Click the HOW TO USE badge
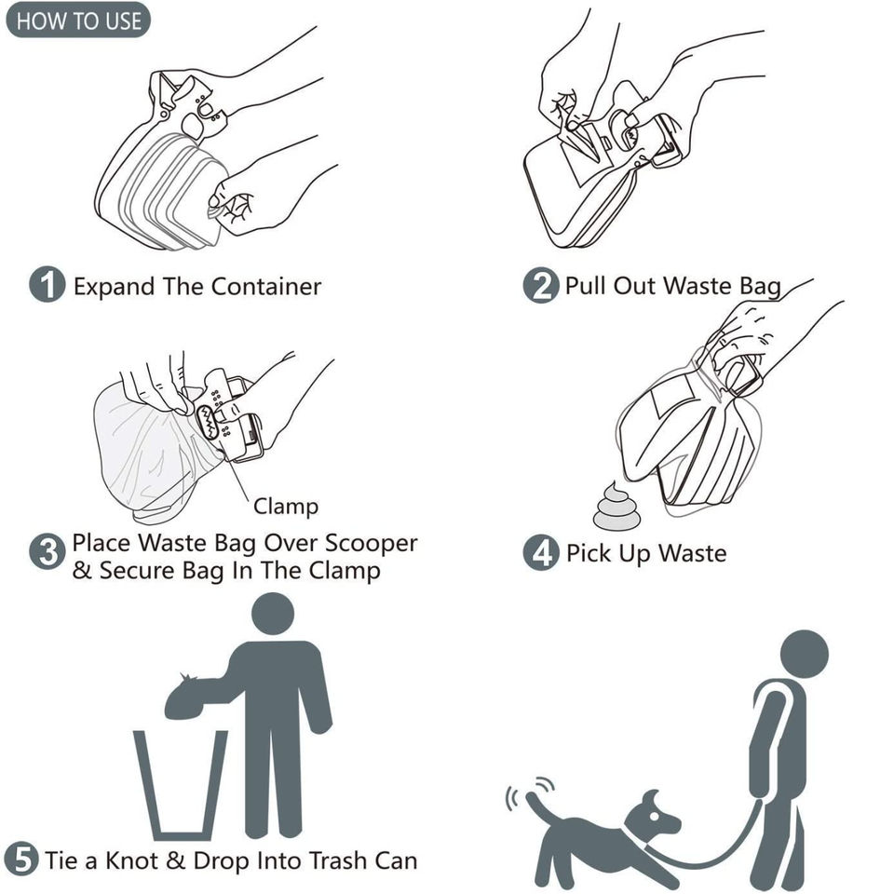pyautogui.click(x=78, y=20)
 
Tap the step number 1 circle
pyautogui.click(x=47, y=285)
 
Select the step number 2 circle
pyautogui.click(x=540, y=285)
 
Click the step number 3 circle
pyautogui.click(x=47, y=551)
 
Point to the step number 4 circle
pyautogui.click(x=541, y=552)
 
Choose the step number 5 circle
pyautogui.click(x=21, y=860)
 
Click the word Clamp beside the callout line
pyautogui.click(x=286, y=507)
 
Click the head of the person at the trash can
pyautogui.click(x=273, y=614)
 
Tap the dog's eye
pyautogui.click(x=654, y=817)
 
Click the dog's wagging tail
pyautogui.click(x=539, y=809)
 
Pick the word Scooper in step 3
pyautogui.click(x=372, y=543)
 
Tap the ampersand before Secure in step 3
pyautogui.click(x=82, y=570)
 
